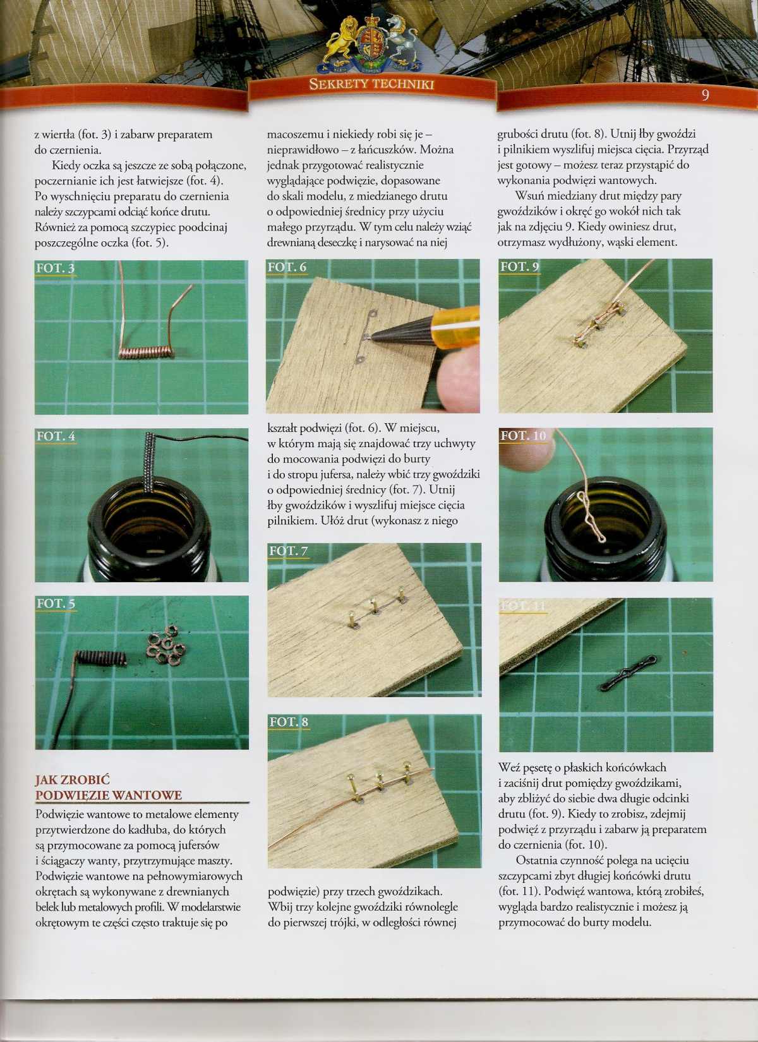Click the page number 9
[x=706, y=95]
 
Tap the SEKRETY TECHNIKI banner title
[x=371, y=84]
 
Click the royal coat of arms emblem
[x=372, y=44]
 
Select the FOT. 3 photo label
[x=56, y=268]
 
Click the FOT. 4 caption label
[x=56, y=436]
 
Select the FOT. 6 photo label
[x=287, y=267]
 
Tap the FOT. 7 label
[x=289, y=551]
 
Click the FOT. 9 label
[x=519, y=266]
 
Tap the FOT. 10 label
[x=523, y=436]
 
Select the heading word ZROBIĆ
[x=87, y=780]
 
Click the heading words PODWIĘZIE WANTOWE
[x=109, y=795]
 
